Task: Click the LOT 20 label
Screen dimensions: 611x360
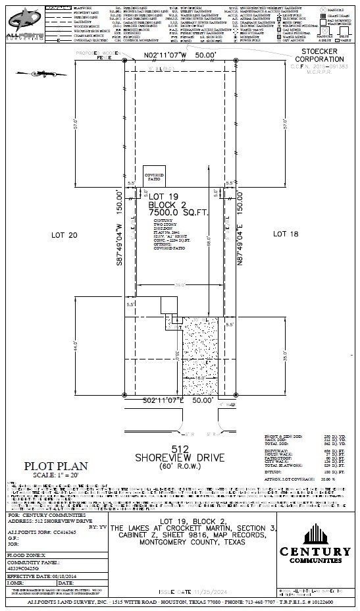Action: [64, 234]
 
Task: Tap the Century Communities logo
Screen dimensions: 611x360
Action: [315, 536]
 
